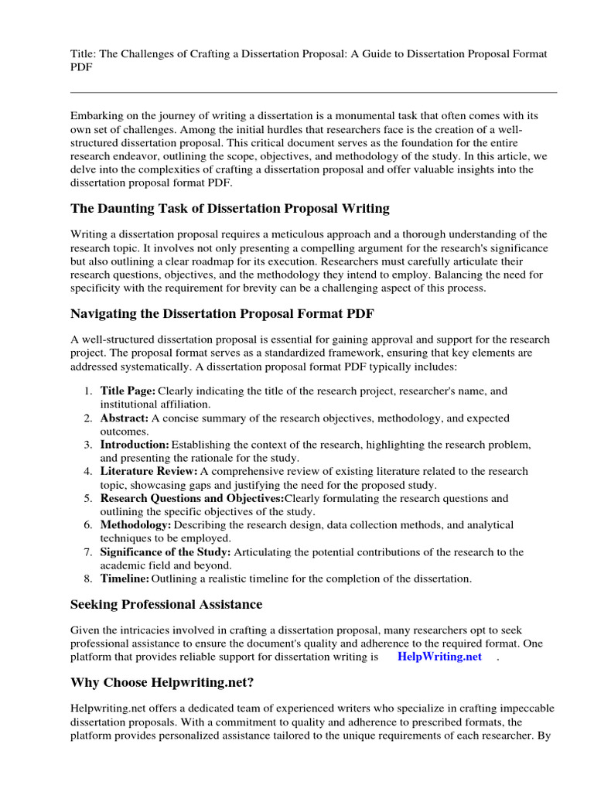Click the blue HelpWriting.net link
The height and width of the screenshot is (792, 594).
coord(439,657)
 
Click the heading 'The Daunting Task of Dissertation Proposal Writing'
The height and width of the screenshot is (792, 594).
coord(230,209)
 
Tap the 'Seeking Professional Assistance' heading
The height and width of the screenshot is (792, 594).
coord(166,604)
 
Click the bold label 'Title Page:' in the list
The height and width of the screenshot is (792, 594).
coord(128,391)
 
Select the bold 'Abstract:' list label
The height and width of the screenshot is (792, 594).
coord(124,418)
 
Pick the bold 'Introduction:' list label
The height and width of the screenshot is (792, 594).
coord(135,445)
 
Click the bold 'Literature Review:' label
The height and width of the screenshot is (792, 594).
coord(148,471)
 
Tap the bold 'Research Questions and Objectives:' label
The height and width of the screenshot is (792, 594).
coord(192,498)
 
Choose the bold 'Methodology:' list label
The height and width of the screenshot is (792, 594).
coord(135,525)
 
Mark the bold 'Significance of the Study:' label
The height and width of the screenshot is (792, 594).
coord(165,552)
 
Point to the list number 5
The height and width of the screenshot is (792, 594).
coord(88,498)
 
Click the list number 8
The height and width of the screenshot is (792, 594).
coord(88,579)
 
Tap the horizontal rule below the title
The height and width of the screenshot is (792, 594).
coord(313,92)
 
